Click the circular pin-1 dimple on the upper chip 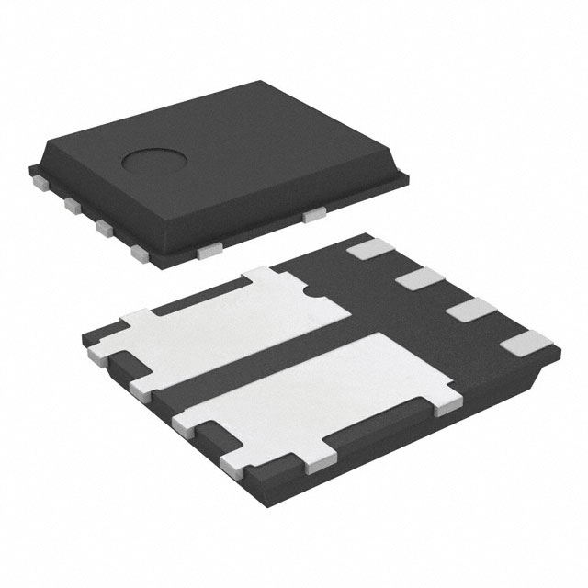[x=150, y=164]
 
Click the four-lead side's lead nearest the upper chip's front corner [x=140, y=250]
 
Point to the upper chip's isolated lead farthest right [x=314, y=215]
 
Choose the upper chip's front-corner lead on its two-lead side [x=210, y=246]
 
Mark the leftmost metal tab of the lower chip [x=96, y=353]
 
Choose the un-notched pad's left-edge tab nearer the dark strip [x=184, y=423]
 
